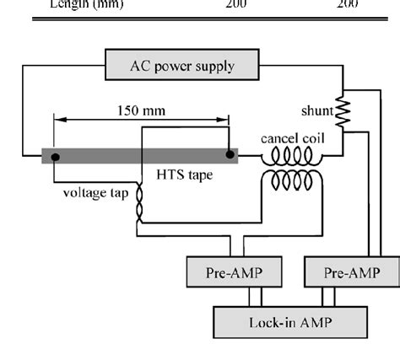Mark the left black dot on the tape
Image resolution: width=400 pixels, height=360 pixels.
55,156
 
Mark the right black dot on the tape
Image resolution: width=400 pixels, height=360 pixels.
229,155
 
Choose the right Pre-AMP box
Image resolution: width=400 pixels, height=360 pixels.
351,273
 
